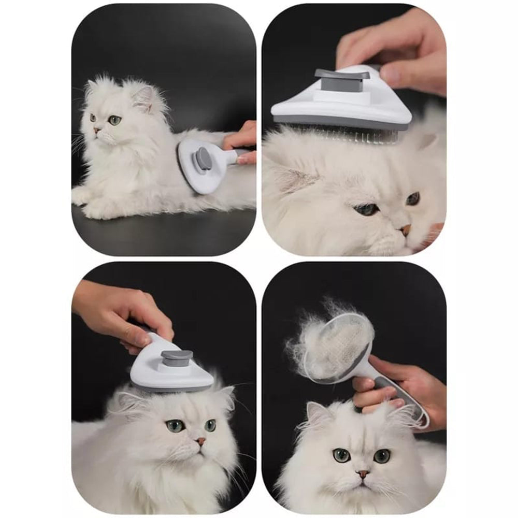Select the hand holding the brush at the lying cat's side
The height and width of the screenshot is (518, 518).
tap(242, 141)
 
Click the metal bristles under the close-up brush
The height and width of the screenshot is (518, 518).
tap(357, 134)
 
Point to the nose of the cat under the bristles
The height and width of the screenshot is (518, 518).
tap(405, 229)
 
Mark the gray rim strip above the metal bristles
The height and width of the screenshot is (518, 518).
tap(337, 122)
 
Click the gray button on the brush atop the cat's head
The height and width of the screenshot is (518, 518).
tap(177, 357)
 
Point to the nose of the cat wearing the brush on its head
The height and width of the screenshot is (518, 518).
tap(200, 442)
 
